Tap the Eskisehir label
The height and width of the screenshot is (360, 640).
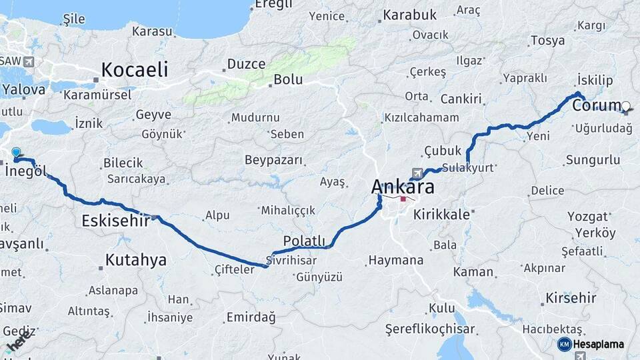tap(115, 221)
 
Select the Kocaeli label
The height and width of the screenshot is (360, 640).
tap(135, 69)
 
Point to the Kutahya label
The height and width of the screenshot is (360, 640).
tap(136, 260)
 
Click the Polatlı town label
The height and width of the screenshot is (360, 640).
tap(304, 241)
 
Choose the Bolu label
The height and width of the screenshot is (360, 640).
tap(288, 80)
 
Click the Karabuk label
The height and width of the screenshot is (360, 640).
tap(410, 15)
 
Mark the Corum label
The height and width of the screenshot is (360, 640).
tap(597, 105)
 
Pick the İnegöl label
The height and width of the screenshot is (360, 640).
tap(26, 171)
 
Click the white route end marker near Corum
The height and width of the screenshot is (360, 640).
tap(626, 105)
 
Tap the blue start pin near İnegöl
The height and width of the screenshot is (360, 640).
tap(16, 153)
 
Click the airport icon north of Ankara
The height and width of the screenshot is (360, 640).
tap(417, 173)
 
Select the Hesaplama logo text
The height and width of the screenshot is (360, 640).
tap(599, 344)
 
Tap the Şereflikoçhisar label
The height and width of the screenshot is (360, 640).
tap(430, 329)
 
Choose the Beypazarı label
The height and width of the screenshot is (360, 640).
tap(273, 161)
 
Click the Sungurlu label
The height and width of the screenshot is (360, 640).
tap(593, 160)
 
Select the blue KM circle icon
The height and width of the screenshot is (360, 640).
tap(564, 344)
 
